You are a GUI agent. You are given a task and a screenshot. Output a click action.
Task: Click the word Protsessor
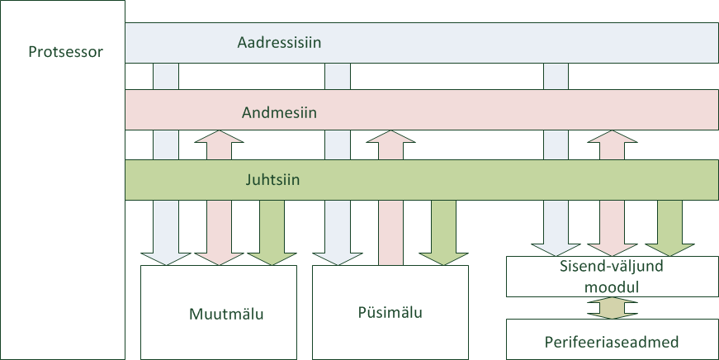[x=65, y=52]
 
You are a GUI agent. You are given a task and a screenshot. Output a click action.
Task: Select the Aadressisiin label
[x=279, y=42]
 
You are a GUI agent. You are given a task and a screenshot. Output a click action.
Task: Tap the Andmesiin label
[x=279, y=112]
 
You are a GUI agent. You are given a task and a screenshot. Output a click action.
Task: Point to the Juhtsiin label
[x=272, y=179]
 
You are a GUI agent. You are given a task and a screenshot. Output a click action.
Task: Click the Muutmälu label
[x=226, y=314]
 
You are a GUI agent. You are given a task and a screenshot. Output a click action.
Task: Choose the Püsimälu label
[x=390, y=312]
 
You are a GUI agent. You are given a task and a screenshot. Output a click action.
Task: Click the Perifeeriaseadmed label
[x=612, y=342]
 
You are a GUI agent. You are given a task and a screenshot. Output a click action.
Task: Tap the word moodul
[x=612, y=287]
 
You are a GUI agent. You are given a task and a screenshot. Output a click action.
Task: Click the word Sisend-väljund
[x=612, y=267]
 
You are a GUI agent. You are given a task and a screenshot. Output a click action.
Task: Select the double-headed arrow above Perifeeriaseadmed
[x=613, y=308]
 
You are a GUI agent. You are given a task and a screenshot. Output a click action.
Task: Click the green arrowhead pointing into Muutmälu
[x=272, y=258]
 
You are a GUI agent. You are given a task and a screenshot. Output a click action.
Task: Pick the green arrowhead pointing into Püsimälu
[x=443, y=258]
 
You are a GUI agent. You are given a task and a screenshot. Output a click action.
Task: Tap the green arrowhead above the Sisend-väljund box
[x=669, y=249]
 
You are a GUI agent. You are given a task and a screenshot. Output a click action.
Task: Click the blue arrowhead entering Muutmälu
[x=166, y=258]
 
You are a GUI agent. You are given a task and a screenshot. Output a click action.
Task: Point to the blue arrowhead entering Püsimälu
[x=337, y=258]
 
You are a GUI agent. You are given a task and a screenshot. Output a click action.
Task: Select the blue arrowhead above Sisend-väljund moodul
[x=556, y=249]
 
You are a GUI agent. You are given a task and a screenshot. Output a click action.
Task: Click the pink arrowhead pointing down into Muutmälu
[x=220, y=258]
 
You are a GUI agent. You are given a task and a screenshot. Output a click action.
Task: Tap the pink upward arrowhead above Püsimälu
[x=390, y=137]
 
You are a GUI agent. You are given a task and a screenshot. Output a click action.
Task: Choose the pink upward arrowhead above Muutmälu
[x=220, y=137]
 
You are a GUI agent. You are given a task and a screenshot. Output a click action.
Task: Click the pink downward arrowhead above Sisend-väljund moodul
[x=613, y=249]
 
